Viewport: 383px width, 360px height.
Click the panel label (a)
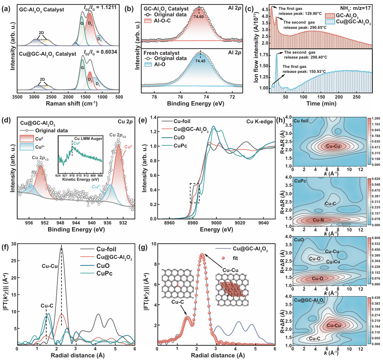(6, 9)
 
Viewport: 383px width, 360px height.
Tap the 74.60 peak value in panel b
(199, 17)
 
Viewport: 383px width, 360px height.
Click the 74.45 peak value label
(201, 61)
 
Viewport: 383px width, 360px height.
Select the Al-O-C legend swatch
(148, 21)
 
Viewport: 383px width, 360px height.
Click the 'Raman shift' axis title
(72, 103)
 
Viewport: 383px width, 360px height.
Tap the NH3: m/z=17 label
(355, 8)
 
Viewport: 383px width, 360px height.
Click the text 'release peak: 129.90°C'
(300, 14)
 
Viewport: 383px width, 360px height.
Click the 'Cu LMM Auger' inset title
(88, 138)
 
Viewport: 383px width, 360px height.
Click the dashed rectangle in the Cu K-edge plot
(195, 193)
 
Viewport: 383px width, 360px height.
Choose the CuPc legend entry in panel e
(180, 146)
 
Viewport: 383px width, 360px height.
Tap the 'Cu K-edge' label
(259, 122)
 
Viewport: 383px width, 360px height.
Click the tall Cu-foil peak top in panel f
(61, 248)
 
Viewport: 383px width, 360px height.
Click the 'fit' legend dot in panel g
(224, 258)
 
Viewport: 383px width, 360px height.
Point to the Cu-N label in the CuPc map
(318, 220)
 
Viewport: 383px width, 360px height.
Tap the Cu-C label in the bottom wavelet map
(315, 338)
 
